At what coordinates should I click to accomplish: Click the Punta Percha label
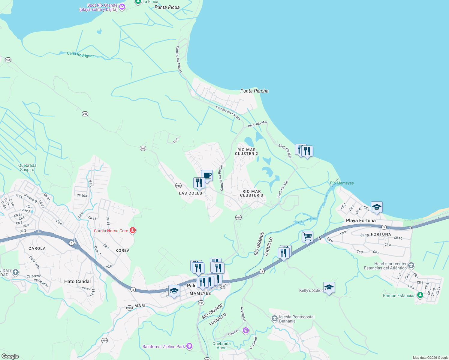click(254, 91)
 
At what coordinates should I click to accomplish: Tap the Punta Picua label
click(167, 7)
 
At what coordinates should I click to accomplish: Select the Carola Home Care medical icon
click(133, 230)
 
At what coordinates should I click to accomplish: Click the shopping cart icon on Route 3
click(307, 236)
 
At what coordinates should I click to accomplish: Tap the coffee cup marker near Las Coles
click(207, 175)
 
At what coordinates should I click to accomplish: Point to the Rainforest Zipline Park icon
click(189, 346)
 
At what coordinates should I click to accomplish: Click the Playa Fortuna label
click(360, 220)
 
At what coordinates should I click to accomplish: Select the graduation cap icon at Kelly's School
click(329, 287)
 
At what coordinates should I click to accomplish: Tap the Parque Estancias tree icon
click(420, 295)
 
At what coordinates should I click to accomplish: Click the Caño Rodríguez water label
click(80, 54)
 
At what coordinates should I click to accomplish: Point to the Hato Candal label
click(77, 281)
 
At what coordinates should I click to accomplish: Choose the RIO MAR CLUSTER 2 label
click(246, 151)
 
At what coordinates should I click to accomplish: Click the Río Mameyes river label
click(342, 183)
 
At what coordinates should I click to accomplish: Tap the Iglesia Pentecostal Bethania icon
click(274, 319)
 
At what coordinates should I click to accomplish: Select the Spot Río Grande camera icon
click(122, 7)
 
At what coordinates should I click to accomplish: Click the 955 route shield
click(223, 286)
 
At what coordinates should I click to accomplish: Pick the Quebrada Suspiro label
click(27, 167)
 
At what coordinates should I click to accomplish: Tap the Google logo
click(10, 356)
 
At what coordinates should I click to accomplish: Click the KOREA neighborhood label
click(122, 250)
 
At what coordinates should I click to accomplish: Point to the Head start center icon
click(411, 265)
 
